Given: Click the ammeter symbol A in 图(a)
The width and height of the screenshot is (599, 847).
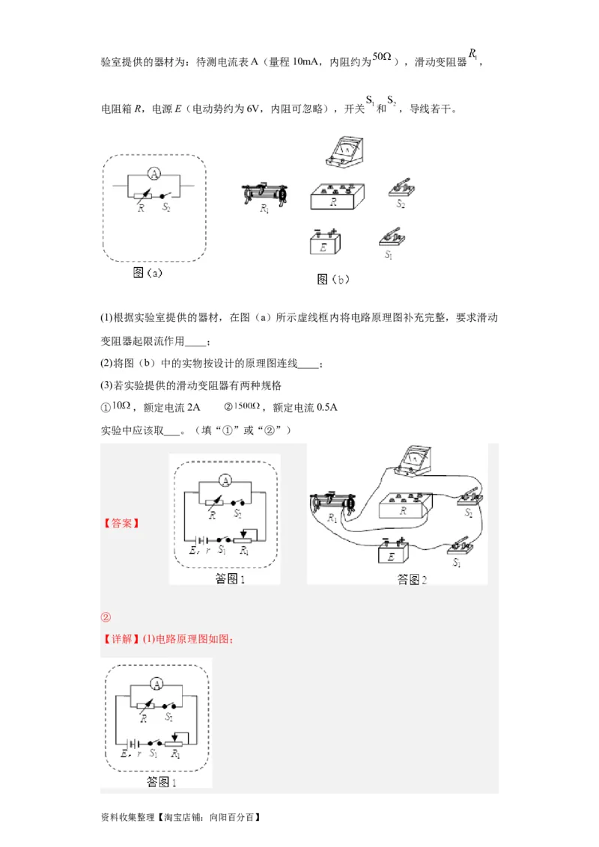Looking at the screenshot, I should click(x=153, y=174).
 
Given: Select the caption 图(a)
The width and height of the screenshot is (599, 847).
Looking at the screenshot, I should click(x=148, y=273).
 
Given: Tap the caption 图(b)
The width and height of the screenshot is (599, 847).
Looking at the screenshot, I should click(x=333, y=280).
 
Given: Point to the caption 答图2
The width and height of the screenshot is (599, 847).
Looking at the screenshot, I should click(x=411, y=579).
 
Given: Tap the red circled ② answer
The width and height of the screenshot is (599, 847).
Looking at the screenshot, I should click(x=106, y=617).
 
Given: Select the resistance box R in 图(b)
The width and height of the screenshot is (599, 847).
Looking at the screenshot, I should click(x=337, y=198).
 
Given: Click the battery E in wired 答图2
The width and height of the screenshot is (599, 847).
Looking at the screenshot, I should click(x=392, y=552).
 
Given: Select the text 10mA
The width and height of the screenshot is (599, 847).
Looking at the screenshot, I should click(x=304, y=62).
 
